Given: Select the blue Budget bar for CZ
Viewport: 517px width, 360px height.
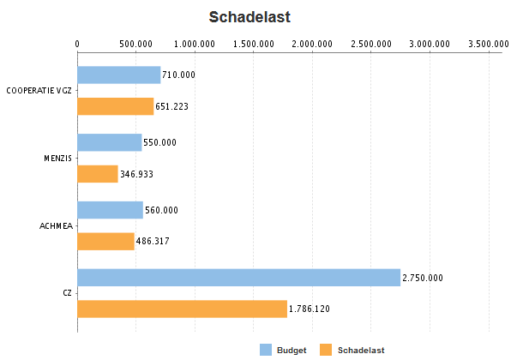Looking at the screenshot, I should pos(238,278).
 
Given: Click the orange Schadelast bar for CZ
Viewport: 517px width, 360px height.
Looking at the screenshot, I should pos(182,309).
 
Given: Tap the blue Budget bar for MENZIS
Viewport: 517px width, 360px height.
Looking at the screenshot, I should pos(110,142).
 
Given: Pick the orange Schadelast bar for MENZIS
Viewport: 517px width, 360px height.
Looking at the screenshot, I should pos(98,174).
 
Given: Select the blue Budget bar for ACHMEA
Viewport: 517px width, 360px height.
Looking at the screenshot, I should pos(110,210).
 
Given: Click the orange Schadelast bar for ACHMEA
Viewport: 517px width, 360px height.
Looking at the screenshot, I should pos(106,241).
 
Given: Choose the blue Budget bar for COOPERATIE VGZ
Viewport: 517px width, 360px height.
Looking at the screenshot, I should pos(119,75).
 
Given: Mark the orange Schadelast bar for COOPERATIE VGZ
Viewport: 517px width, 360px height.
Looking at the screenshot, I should pos(116,106).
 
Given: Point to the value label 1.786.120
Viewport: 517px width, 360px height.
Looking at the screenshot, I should pos(310,309).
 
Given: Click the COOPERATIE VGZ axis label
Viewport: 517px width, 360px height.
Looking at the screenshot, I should pos(39,90).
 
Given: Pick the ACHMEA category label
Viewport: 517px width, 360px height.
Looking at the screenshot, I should pos(56,225).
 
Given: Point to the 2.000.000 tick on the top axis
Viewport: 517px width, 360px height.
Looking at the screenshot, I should pos(312,43).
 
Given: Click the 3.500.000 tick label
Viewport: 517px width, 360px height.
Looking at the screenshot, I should pos(489,43).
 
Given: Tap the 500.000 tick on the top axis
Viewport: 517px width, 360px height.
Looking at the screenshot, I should pos(136,43).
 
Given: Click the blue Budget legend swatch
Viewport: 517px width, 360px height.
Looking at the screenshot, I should pos(265,349).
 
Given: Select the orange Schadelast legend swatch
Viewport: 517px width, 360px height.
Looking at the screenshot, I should pos(325,349).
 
